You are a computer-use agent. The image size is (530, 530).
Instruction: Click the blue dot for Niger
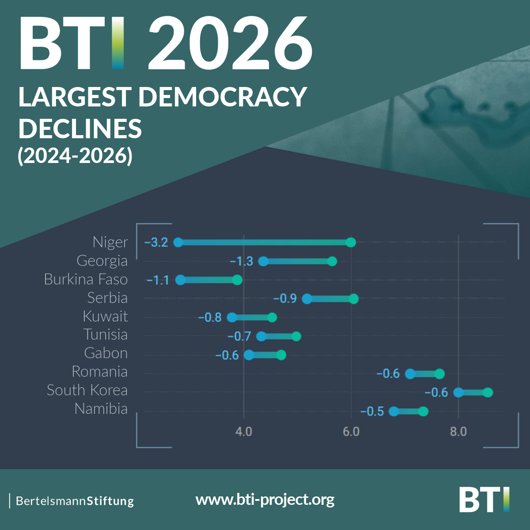[x=178, y=242]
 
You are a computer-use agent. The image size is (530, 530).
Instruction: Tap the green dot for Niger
[x=351, y=242]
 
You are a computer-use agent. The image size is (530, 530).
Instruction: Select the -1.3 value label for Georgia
[x=242, y=261]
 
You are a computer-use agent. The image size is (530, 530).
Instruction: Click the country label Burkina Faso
[x=86, y=279]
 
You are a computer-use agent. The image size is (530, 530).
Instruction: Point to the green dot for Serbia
[x=353, y=299]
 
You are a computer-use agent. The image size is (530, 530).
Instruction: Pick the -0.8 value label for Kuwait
[x=210, y=318]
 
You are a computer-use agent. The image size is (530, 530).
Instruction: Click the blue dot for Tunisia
[x=261, y=336]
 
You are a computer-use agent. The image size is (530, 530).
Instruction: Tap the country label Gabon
[x=106, y=353]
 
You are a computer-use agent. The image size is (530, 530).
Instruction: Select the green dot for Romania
[x=439, y=374]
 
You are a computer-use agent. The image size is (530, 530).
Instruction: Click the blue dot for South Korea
[x=458, y=392]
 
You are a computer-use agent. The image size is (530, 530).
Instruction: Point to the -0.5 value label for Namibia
[x=372, y=412]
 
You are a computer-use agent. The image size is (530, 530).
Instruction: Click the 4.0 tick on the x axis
[x=243, y=431]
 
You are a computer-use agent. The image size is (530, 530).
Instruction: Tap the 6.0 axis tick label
[x=351, y=431]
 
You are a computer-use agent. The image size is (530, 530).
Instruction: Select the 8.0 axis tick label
[x=458, y=431]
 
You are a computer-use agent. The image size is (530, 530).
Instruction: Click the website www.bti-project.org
[x=265, y=500]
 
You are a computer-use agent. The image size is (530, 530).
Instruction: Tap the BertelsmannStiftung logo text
[x=75, y=501]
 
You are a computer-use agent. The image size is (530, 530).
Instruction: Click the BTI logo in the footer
[x=484, y=500]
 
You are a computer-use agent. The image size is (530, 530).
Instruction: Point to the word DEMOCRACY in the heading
[x=223, y=97]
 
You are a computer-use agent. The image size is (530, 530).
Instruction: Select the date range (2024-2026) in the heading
[x=75, y=155]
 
